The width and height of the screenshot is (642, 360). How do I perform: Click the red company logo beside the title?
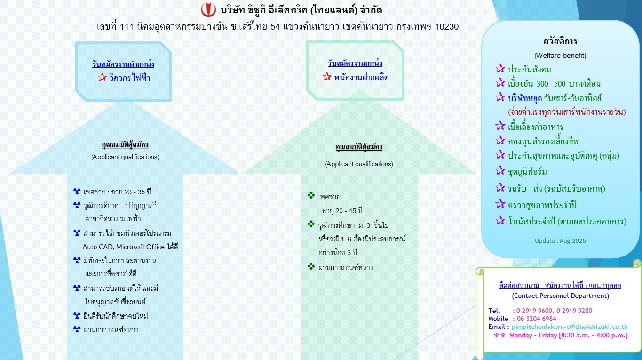point(208,9)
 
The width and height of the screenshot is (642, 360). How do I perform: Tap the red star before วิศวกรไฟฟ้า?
point(102,77)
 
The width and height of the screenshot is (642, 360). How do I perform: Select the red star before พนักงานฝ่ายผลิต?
point(327,77)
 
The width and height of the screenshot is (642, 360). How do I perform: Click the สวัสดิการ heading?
point(560,41)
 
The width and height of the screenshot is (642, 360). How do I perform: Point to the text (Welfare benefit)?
point(560,56)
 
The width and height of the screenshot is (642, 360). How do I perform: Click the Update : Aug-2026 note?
point(560,240)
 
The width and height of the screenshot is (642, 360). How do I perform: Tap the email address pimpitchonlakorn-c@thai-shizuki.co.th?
point(570,327)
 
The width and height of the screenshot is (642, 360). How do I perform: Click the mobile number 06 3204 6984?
point(536,319)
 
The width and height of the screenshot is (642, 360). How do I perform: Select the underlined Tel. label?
point(494,311)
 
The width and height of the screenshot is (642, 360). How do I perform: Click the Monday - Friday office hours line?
point(568,335)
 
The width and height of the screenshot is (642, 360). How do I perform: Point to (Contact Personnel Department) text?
point(560,296)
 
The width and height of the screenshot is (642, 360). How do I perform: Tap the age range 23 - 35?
point(135,192)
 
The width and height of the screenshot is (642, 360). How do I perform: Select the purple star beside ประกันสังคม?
point(500,68)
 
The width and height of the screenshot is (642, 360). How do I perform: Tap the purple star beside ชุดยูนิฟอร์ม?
point(500,170)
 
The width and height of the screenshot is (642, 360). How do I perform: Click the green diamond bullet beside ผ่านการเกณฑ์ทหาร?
point(311,266)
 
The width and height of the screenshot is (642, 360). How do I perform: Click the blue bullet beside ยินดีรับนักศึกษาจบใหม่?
point(77,315)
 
